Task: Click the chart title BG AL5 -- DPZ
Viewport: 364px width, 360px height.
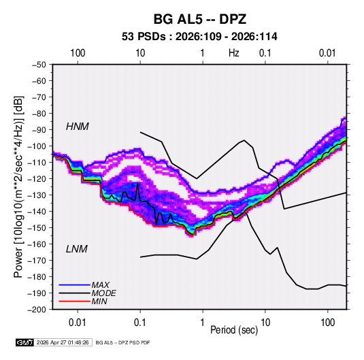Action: [199, 19]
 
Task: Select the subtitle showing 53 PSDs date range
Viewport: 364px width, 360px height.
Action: [199, 37]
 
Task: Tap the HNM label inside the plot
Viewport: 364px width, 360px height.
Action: [78, 127]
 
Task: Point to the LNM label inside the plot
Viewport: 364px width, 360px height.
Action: [77, 249]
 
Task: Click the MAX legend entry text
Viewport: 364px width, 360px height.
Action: [100, 285]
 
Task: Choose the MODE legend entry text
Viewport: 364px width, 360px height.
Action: [104, 293]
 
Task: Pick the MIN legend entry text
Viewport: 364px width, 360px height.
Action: [99, 301]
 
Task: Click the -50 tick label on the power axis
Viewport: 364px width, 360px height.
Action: [39, 65]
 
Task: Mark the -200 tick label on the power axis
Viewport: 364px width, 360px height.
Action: [37, 310]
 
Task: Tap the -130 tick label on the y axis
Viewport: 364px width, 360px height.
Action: [37, 195]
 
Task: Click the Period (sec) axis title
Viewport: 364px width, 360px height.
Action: [234, 330]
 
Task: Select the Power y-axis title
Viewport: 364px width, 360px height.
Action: [18, 187]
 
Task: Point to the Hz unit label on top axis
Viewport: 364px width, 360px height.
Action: [234, 53]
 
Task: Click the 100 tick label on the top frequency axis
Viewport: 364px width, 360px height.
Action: [78, 53]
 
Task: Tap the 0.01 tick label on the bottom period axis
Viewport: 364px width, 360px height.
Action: [78, 323]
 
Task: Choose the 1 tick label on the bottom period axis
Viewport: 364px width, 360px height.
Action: [203, 323]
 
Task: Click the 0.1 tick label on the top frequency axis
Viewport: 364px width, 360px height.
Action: [265, 53]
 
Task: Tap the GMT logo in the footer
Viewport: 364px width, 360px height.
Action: [25, 342]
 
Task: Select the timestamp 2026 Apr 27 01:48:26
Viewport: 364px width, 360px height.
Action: [63, 342]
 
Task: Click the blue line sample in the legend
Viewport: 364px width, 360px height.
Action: [75, 285]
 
